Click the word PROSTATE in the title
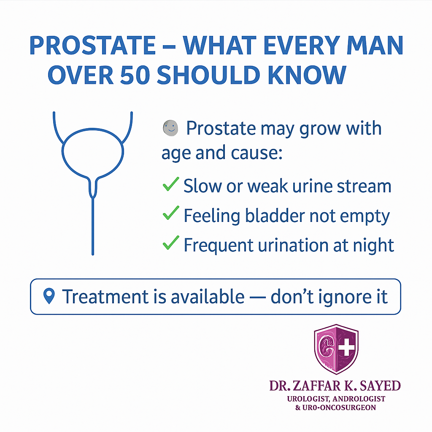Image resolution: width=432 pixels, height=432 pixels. pyautogui.click(x=93, y=46)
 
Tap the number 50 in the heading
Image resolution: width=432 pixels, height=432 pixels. pyautogui.click(x=135, y=75)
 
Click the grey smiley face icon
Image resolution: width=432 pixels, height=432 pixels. pyautogui.click(x=170, y=128)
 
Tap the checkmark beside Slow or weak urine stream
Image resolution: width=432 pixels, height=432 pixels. pyautogui.click(x=171, y=184)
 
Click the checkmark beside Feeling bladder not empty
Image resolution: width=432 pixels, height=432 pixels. pyautogui.click(x=171, y=213)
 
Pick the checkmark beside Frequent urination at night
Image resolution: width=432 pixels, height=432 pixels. pyautogui.click(x=171, y=243)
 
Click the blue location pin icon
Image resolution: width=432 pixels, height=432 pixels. pyautogui.click(x=49, y=296)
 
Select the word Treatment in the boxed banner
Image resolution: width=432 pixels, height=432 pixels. pyautogui.click(x=105, y=297)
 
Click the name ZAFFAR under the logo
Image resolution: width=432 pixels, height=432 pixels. pyautogui.click(x=316, y=386)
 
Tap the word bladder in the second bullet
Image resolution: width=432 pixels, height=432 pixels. pyautogui.click(x=275, y=216)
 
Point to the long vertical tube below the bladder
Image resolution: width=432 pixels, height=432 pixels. pyautogui.click(x=93, y=226)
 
